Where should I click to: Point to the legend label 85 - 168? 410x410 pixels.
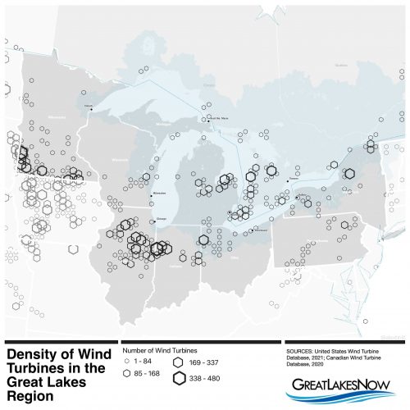click(145, 373)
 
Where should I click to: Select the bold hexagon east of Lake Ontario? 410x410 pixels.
click(349, 173)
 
